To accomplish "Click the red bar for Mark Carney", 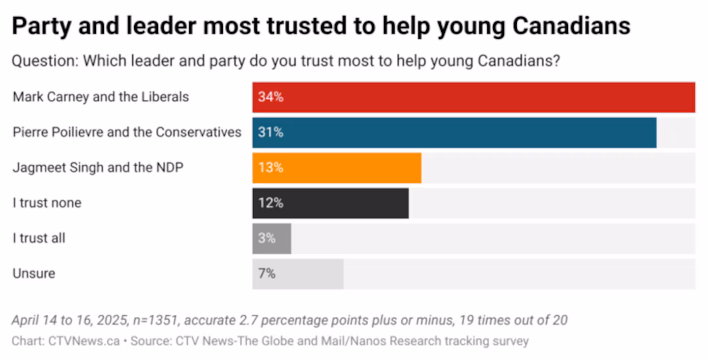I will click(x=473, y=97).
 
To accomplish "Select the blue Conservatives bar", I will click(x=454, y=133).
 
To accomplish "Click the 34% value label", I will click(x=270, y=97).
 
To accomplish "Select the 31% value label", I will click(x=270, y=133).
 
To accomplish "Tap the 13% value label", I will click(x=270, y=168).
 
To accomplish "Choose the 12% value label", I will click(x=270, y=203).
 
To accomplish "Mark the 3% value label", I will click(x=267, y=239).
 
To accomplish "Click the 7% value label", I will click(x=267, y=274).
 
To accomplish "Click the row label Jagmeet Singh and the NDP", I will click(x=98, y=168).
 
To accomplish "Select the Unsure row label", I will click(x=34, y=273).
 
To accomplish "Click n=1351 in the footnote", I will click(x=157, y=320).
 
